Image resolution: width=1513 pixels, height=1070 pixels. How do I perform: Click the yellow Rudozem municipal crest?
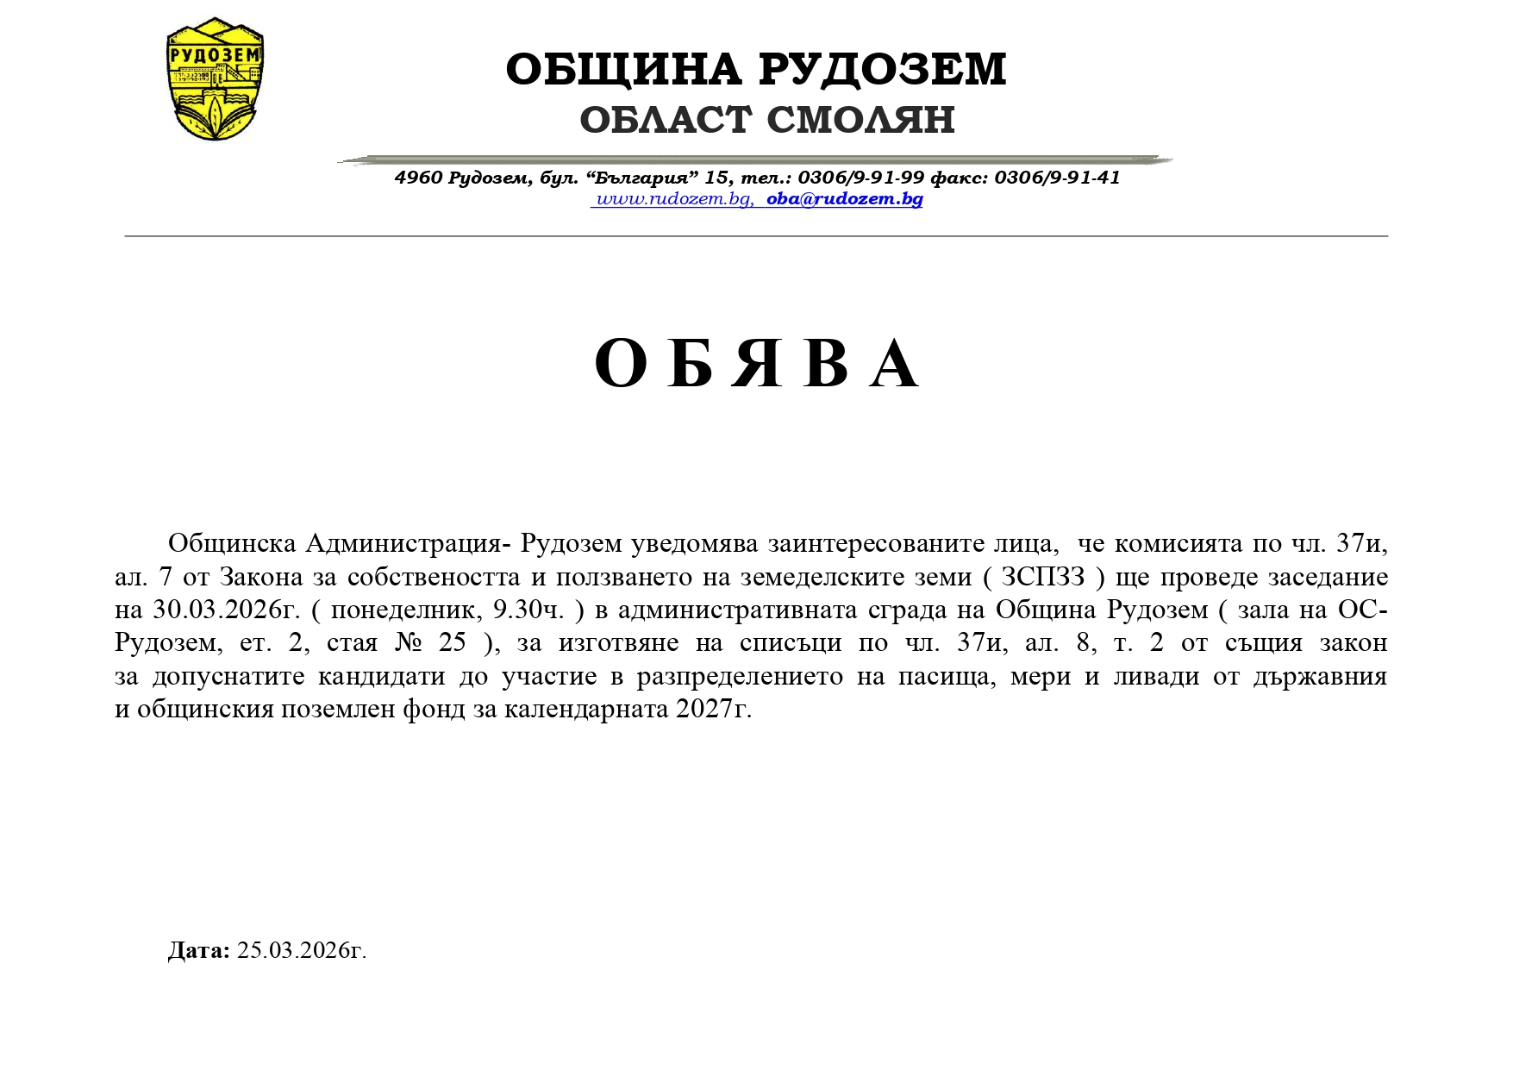(x=215, y=79)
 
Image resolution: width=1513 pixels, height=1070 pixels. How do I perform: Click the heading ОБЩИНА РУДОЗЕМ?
(x=756, y=69)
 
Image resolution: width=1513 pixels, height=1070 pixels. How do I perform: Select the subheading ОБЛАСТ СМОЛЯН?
(x=767, y=120)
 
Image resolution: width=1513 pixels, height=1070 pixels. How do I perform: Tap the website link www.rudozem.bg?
(x=673, y=199)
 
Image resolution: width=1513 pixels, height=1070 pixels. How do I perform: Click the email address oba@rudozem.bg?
(x=845, y=199)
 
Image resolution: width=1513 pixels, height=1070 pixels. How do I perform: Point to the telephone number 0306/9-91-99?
(x=860, y=178)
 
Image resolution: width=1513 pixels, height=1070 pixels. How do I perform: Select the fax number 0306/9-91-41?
(x=1057, y=178)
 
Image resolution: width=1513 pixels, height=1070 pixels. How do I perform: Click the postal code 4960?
(x=418, y=178)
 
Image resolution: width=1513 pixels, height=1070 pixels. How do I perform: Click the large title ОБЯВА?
(x=756, y=364)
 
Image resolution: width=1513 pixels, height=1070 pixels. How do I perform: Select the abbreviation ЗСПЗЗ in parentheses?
(x=1042, y=577)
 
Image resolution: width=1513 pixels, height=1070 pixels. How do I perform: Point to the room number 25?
(x=453, y=642)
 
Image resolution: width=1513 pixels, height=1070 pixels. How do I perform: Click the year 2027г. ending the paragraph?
(x=715, y=709)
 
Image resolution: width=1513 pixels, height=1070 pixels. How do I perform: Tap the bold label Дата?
(x=198, y=950)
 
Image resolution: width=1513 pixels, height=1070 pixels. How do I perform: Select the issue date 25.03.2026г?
(x=302, y=950)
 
